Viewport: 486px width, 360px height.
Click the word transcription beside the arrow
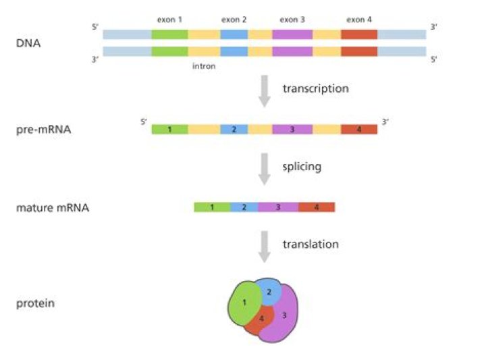pos(315,88)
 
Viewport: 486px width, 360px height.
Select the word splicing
pos(301,165)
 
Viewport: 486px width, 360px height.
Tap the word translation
pos(310,244)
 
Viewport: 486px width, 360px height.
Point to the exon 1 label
pos(169,20)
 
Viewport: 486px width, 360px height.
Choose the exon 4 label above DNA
pos(358,20)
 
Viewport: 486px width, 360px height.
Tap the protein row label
pos(35,303)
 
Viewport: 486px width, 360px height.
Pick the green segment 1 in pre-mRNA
pos(169,128)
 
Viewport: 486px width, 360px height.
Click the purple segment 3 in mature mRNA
pos(278,207)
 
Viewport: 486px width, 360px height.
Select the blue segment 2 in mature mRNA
pos(244,207)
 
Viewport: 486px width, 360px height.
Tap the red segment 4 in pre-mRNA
pos(359,128)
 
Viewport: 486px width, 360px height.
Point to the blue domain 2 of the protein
pos(270,290)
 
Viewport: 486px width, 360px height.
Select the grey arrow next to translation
pos(265,247)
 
